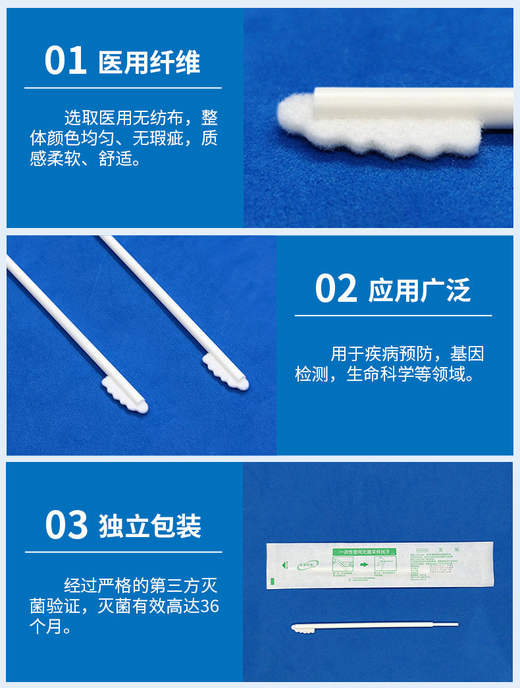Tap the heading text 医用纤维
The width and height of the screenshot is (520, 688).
pos(149,63)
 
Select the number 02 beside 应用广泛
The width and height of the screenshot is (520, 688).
pos(336,289)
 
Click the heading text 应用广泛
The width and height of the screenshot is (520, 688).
pos(419,291)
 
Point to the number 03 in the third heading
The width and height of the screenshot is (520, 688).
pos(66,525)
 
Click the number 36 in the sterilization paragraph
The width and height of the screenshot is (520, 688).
pos(209,606)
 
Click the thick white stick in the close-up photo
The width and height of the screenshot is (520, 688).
pos(421,105)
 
